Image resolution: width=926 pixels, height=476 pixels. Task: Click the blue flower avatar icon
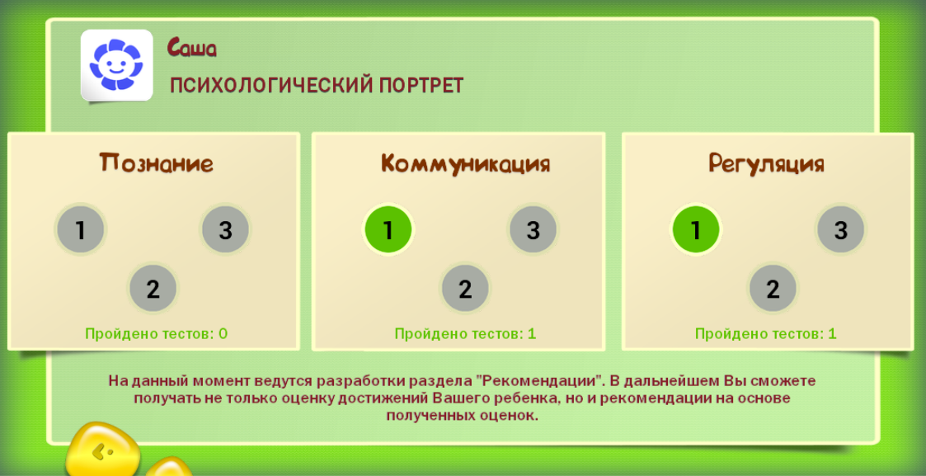tap(116, 65)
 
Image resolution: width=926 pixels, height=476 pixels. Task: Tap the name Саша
tap(192, 47)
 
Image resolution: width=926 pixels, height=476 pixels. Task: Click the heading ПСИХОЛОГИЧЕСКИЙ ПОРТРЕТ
tap(317, 86)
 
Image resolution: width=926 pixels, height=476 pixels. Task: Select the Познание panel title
tap(156, 163)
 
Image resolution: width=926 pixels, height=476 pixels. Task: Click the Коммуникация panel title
tap(465, 163)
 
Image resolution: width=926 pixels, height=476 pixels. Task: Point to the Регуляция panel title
tap(766, 163)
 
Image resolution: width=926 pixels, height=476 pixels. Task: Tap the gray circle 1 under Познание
tap(80, 229)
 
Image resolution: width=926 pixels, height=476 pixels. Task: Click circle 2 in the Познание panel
tap(153, 289)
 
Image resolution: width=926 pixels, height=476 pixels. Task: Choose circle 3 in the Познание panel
tap(225, 229)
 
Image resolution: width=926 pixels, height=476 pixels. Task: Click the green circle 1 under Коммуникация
tap(388, 229)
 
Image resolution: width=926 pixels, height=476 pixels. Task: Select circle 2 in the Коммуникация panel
tap(465, 289)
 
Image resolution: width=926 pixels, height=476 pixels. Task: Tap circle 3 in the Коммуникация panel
tap(533, 229)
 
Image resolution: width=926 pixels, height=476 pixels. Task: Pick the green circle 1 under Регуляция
tap(696, 229)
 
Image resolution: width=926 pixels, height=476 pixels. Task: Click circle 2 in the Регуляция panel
tap(773, 289)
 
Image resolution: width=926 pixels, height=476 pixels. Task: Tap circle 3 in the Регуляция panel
tap(841, 229)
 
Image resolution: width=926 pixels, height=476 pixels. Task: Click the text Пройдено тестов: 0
tap(157, 333)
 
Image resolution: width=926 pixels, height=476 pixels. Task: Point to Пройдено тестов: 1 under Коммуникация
tap(465, 333)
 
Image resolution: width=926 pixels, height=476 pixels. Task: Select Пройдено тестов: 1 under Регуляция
tap(766, 333)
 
